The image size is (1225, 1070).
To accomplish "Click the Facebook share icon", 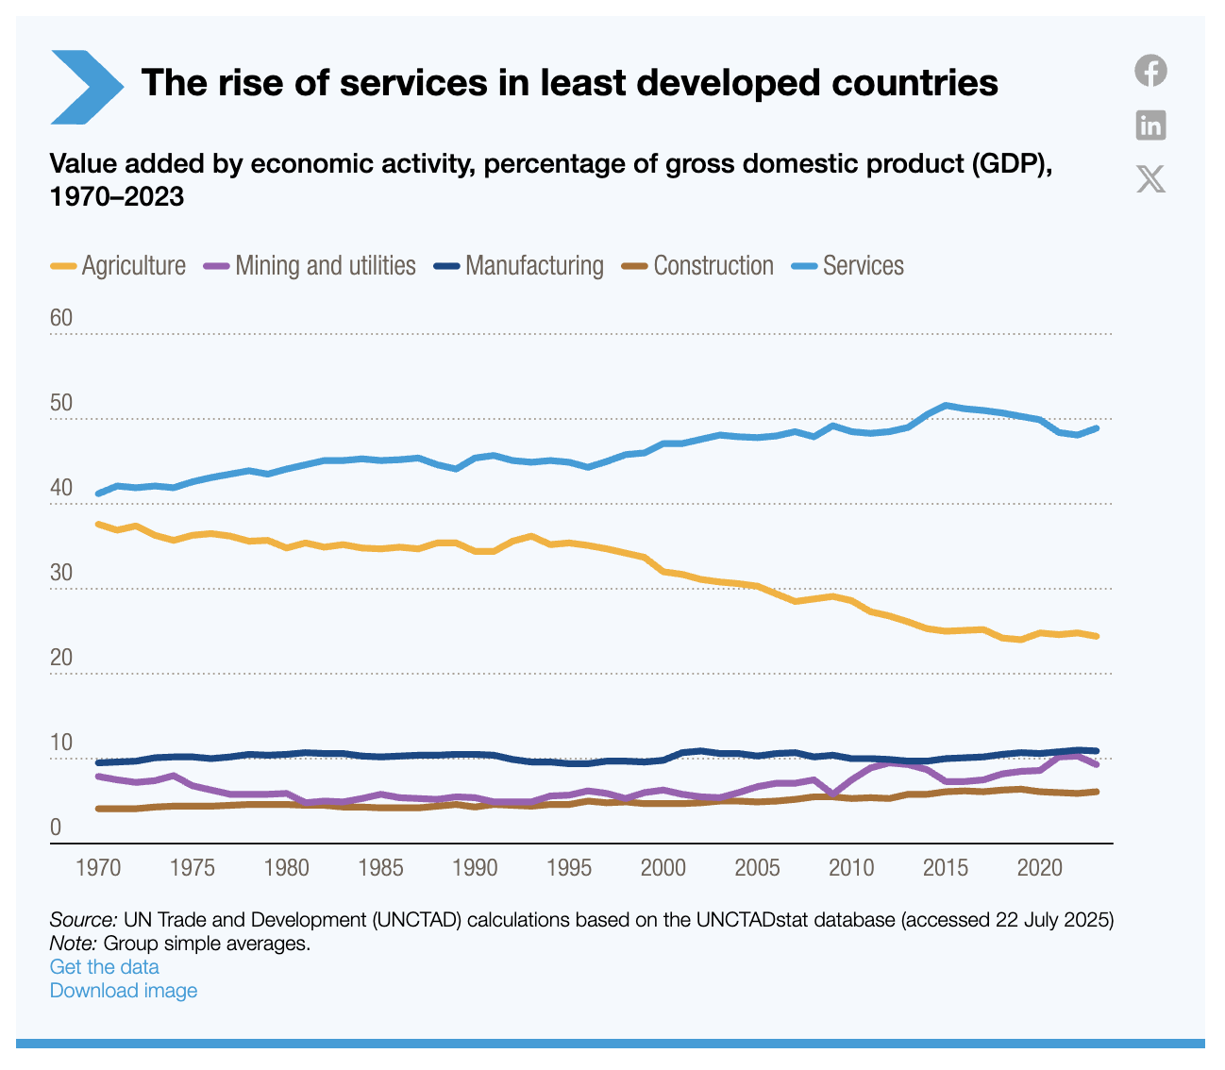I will [1150, 71].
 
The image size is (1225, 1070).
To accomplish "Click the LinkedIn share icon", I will [1150, 125].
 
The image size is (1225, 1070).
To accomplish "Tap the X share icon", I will [1150, 178].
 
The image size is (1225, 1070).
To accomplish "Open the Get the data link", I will [104, 967].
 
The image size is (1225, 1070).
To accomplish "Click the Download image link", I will [124, 991].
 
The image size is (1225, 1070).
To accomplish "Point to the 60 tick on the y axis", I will [61, 318].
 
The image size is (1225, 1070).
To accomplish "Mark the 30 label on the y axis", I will [61, 573].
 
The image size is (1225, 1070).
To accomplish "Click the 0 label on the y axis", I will [56, 828].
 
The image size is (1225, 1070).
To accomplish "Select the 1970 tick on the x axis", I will [98, 868].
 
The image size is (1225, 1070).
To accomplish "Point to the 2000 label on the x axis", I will [663, 868].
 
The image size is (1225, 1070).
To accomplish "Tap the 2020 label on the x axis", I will [1039, 868].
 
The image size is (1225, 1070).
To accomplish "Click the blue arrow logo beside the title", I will [86, 86].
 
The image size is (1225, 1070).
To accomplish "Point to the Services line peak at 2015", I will [946, 405].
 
